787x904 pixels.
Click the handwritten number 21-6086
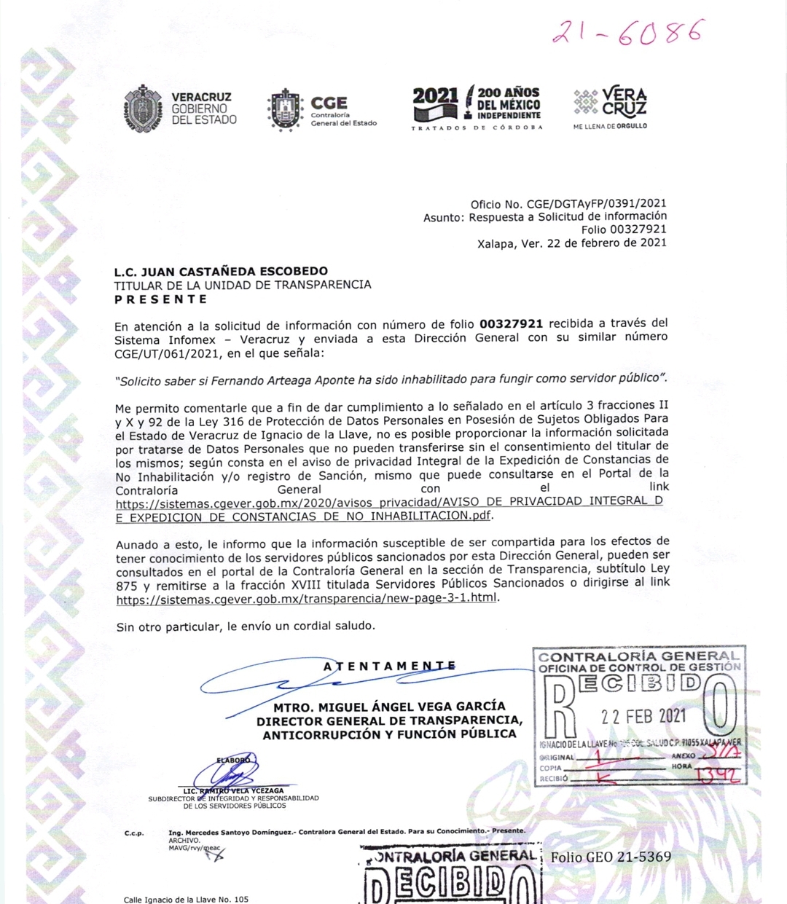pyautogui.click(x=628, y=33)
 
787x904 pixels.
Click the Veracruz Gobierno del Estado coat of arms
pyautogui.click(x=144, y=109)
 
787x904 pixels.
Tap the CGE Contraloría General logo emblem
pyautogui.click(x=284, y=110)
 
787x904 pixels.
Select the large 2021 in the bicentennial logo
pyautogui.click(x=435, y=95)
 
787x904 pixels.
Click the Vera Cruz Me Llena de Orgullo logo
pyautogui.click(x=610, y=108)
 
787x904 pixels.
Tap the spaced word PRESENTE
pyautogui.click(x=160, y=299)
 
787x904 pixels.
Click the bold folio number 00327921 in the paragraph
pyautogui.click(x=511, y=323)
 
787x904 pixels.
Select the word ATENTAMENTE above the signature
pyautogui.click(x=389, y=666)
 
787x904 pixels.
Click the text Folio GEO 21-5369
pyautogui.click(x=611, y=857)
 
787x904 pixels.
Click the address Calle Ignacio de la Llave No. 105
pyautogui.click(x=186, y=899)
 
